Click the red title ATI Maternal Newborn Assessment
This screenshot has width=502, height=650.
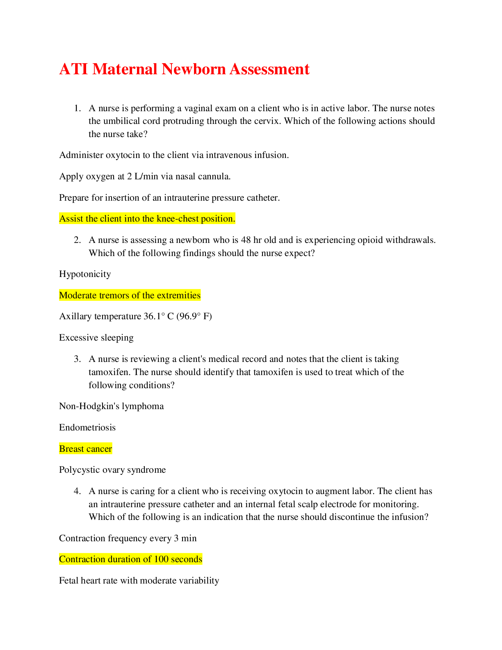184,69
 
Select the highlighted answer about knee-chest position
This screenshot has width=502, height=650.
147,219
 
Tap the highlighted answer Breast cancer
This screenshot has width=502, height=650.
85,449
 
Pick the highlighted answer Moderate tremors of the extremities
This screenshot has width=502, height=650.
130,295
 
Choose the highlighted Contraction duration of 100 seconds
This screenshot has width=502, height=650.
130,559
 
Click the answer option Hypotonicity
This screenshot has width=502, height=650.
85,274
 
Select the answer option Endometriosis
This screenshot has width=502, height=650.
87,428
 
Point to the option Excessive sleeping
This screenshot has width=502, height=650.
96,338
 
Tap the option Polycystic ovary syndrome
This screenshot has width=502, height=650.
112,470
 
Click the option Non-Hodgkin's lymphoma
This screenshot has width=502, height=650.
111,406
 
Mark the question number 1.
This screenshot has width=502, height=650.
78,108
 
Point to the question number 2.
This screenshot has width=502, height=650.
78,240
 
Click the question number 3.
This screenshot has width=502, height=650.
78,359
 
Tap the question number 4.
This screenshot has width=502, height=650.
78,491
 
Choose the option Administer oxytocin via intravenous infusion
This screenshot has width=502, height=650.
174,155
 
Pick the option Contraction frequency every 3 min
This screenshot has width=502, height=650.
128,538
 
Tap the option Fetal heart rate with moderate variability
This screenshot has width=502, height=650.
139,581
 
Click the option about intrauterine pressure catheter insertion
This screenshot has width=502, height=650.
169,198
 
